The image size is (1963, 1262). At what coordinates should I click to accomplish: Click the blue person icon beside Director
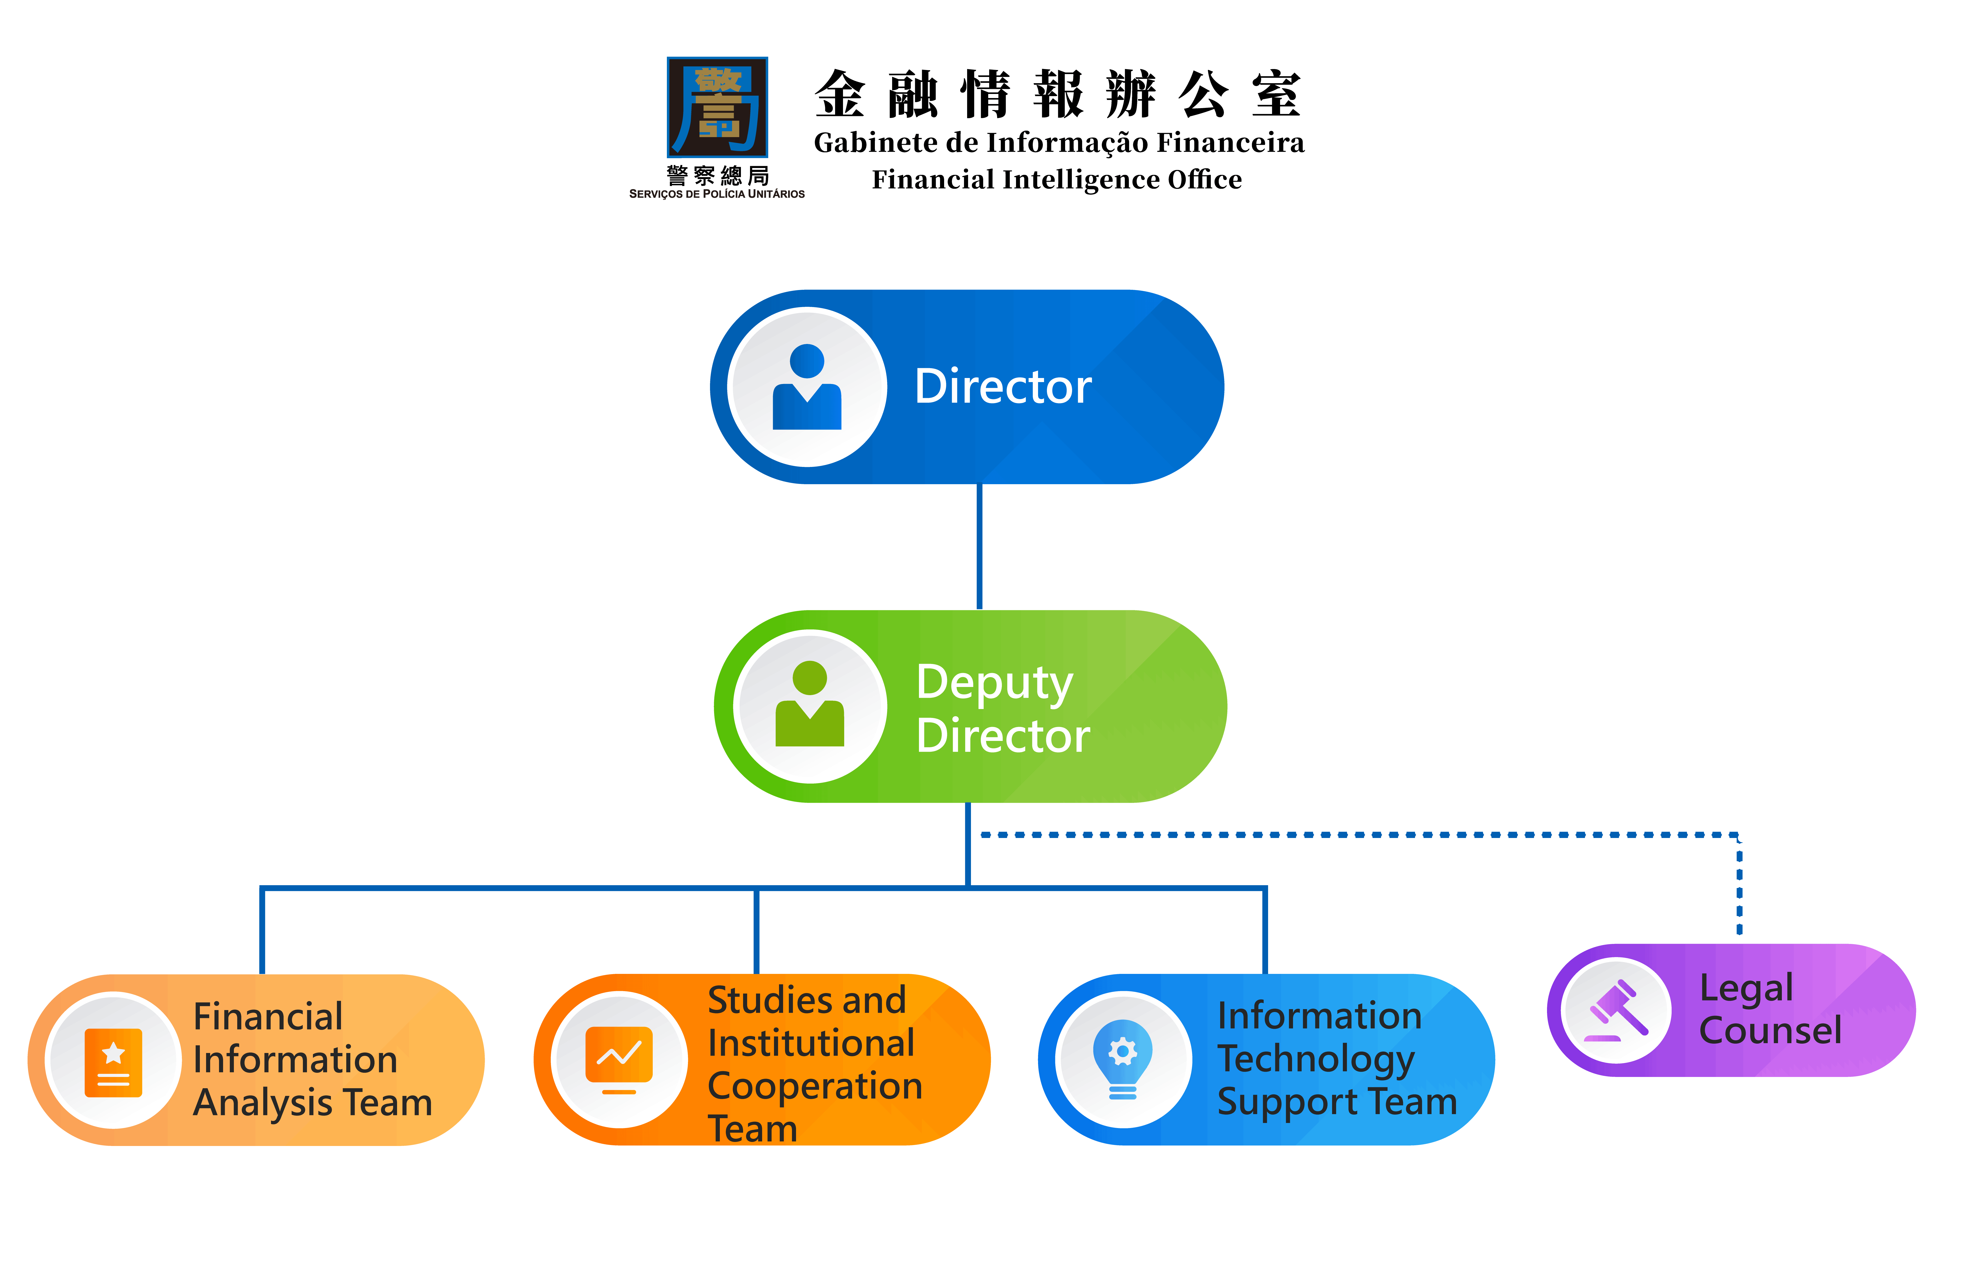tap(807, 387)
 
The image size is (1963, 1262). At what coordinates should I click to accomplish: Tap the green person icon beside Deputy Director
tap(809, 705)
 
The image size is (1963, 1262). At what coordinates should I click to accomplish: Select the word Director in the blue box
tap(1003, 387)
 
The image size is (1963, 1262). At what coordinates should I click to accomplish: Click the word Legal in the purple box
tap(1746, 988)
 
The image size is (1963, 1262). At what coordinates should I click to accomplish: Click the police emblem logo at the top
tap(718, 107)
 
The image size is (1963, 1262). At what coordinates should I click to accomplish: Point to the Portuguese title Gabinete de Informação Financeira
tap(1058, 143)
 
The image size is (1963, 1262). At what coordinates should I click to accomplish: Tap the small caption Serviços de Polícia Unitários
tap(717, 194)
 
